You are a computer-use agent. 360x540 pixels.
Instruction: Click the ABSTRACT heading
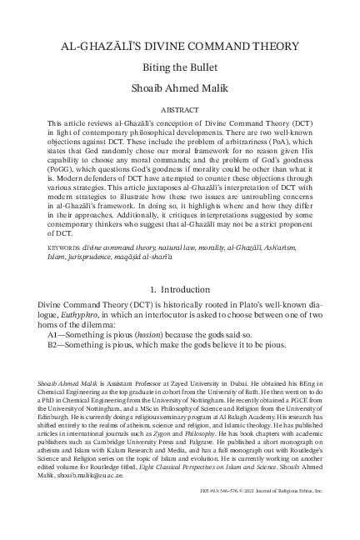(x=180, y=118)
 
